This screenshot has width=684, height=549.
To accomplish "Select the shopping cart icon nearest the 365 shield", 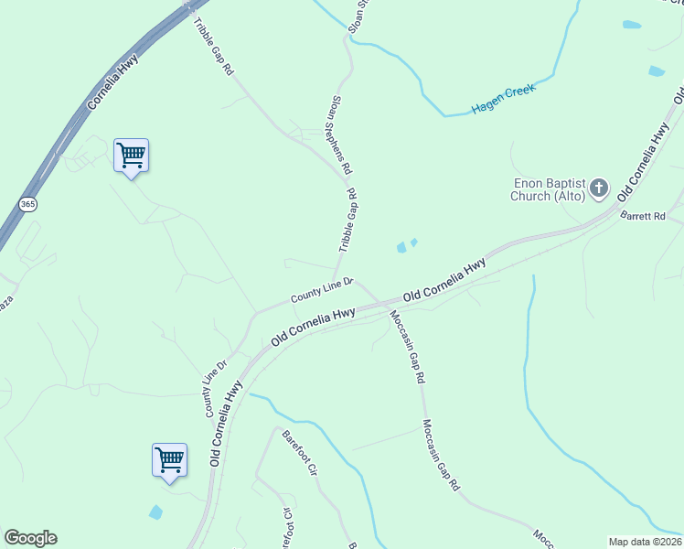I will click(x=131, y=156).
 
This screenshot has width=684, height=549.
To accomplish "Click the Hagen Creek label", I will click(x=502, y=100).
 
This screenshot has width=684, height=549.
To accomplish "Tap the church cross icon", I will click(x=599, y=189).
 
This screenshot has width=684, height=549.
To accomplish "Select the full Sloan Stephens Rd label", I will click(x=340, y=135).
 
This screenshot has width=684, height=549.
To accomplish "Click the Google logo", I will click(x=30, y=538).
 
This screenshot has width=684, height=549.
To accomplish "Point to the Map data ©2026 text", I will click(x=644, y=542).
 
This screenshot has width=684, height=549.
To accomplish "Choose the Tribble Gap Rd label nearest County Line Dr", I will click(x=348, y=221).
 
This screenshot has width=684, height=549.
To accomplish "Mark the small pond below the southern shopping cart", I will click(x=155, y=512).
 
